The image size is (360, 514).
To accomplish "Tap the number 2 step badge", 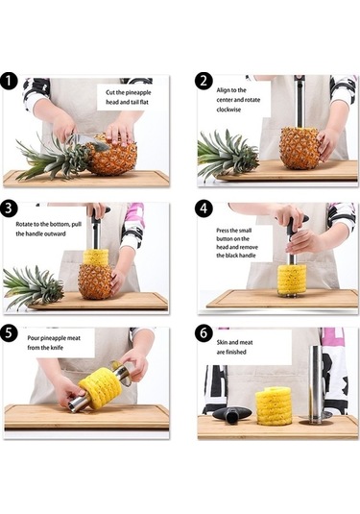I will pyautogui.click(x=204, y=81).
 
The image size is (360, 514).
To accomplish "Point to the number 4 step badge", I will pyautogui.click(x=204, y=208).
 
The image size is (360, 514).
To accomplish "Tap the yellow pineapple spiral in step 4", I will pyautogui.click(x=292, y=280).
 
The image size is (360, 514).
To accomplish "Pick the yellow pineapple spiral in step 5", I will pyautogui.click(x=101, y=388).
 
